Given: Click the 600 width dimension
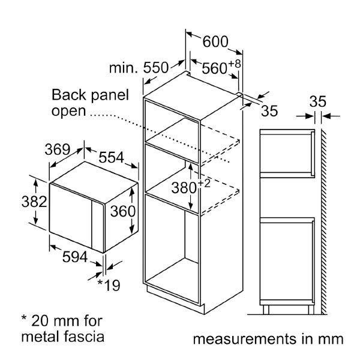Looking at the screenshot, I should coord(215,41).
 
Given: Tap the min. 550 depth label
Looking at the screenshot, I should coord(137,68).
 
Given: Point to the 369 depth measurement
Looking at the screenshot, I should coord(58,149).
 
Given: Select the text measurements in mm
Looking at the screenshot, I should coord(268,339).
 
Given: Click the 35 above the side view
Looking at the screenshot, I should coord(317,101).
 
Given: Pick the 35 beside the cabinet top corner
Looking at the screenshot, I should coord(270,110).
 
